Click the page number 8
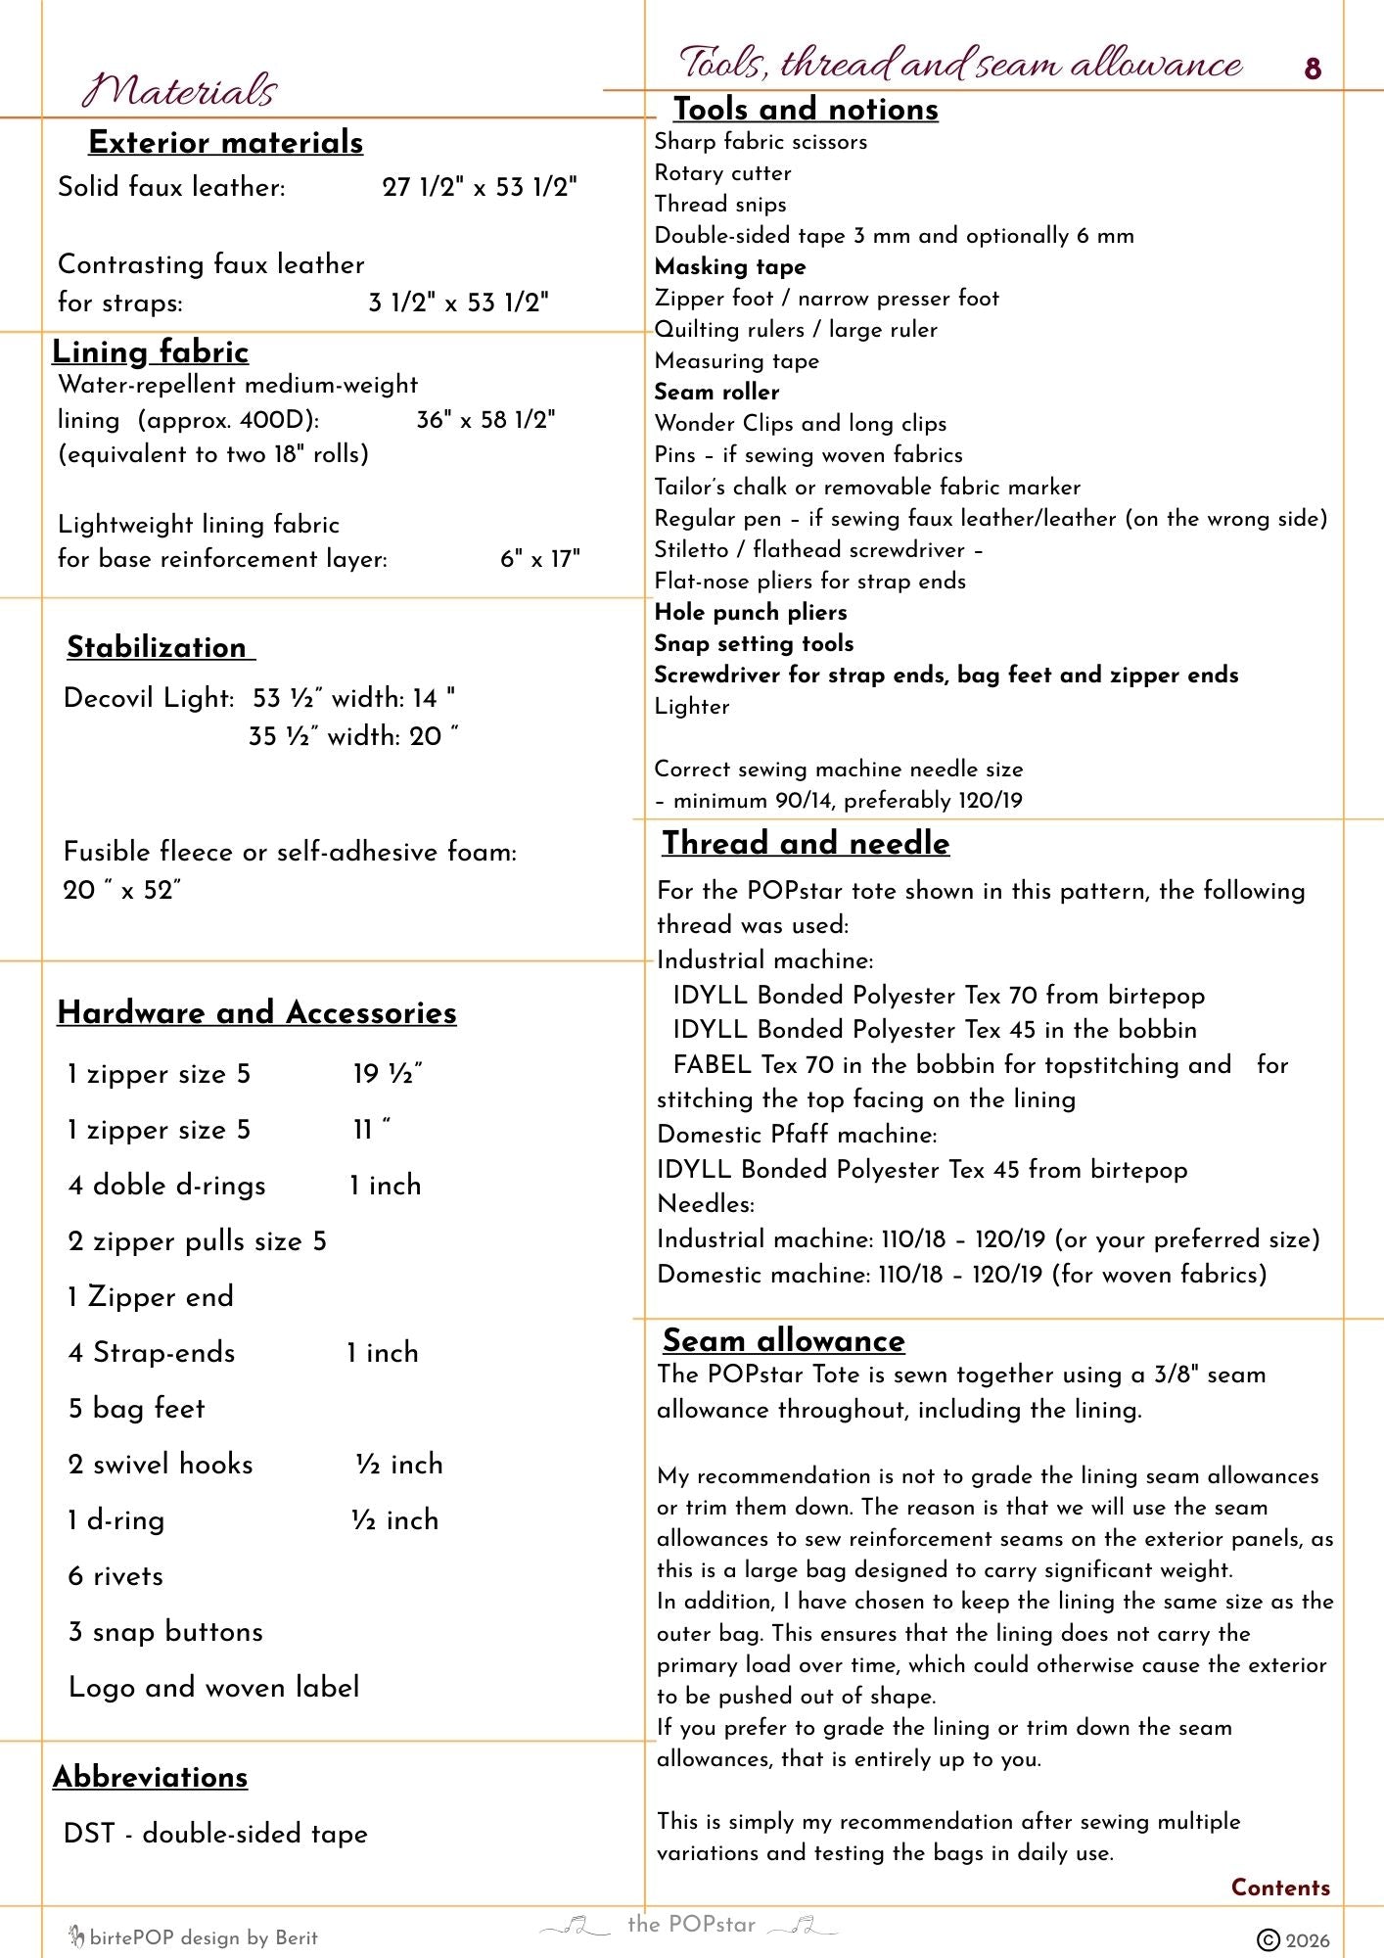[1313, 70]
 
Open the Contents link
[1280, 1888]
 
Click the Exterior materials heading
[225, 143]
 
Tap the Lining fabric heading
[150, 352]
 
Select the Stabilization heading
[157, 647]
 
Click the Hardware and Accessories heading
[256, 1012]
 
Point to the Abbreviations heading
[151, 1777]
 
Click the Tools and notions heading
[806, 110]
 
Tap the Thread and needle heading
[806, 843]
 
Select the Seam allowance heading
[783, 1340]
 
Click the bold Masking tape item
[730, 267]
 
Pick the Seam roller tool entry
[716, 393]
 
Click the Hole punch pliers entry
[751, 613]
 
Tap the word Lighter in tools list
[692, 707]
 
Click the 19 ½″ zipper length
[388, 1074]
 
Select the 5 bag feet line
[137, 1409]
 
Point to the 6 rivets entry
[115, 1576]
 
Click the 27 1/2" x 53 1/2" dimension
[480, 187]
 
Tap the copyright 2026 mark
[1293, 1940]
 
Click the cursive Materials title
[180, 91]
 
